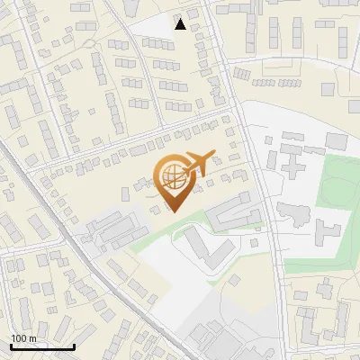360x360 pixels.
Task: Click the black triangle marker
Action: (181, 24)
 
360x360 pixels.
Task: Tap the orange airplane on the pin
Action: (198, 162)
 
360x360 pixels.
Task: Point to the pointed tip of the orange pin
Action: (171, 211)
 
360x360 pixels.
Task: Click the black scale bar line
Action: (42, 346)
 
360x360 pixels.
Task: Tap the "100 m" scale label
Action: (23, 338)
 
